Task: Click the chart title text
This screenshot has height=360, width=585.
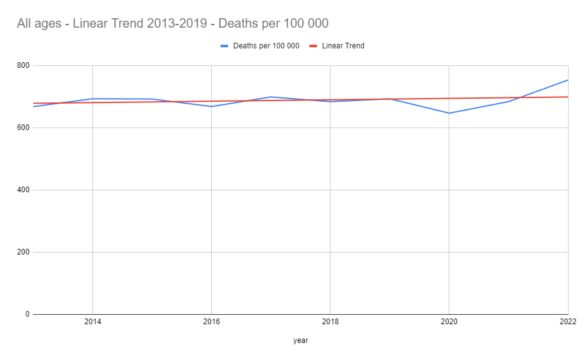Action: coord(173,23)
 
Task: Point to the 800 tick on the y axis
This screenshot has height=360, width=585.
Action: coord(23,65)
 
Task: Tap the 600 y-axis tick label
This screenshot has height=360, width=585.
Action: coord(23,128)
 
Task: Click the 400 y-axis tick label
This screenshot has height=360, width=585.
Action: coord(23,190)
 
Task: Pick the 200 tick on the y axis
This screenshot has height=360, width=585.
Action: coord(23,252)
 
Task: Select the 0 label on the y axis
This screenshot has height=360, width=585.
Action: coord(27,314)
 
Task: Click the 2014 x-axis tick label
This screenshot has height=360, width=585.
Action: coord(92,321)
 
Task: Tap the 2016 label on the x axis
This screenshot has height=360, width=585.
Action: coord(211,321)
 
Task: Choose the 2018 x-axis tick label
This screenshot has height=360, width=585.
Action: coord(330,321)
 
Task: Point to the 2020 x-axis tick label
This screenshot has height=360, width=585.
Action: coord(449,321)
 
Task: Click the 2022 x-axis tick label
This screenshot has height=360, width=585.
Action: coord(567,321)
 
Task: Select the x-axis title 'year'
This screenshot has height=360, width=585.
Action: coord(300,341)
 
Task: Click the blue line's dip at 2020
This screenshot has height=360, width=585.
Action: coord(449,113)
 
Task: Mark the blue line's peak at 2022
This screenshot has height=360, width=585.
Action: coord(567,80)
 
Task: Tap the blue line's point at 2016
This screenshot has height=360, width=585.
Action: coord(211,106)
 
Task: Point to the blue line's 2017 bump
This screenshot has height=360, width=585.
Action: coord(271,97)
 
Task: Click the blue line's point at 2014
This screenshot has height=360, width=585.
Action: coord(92,99)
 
